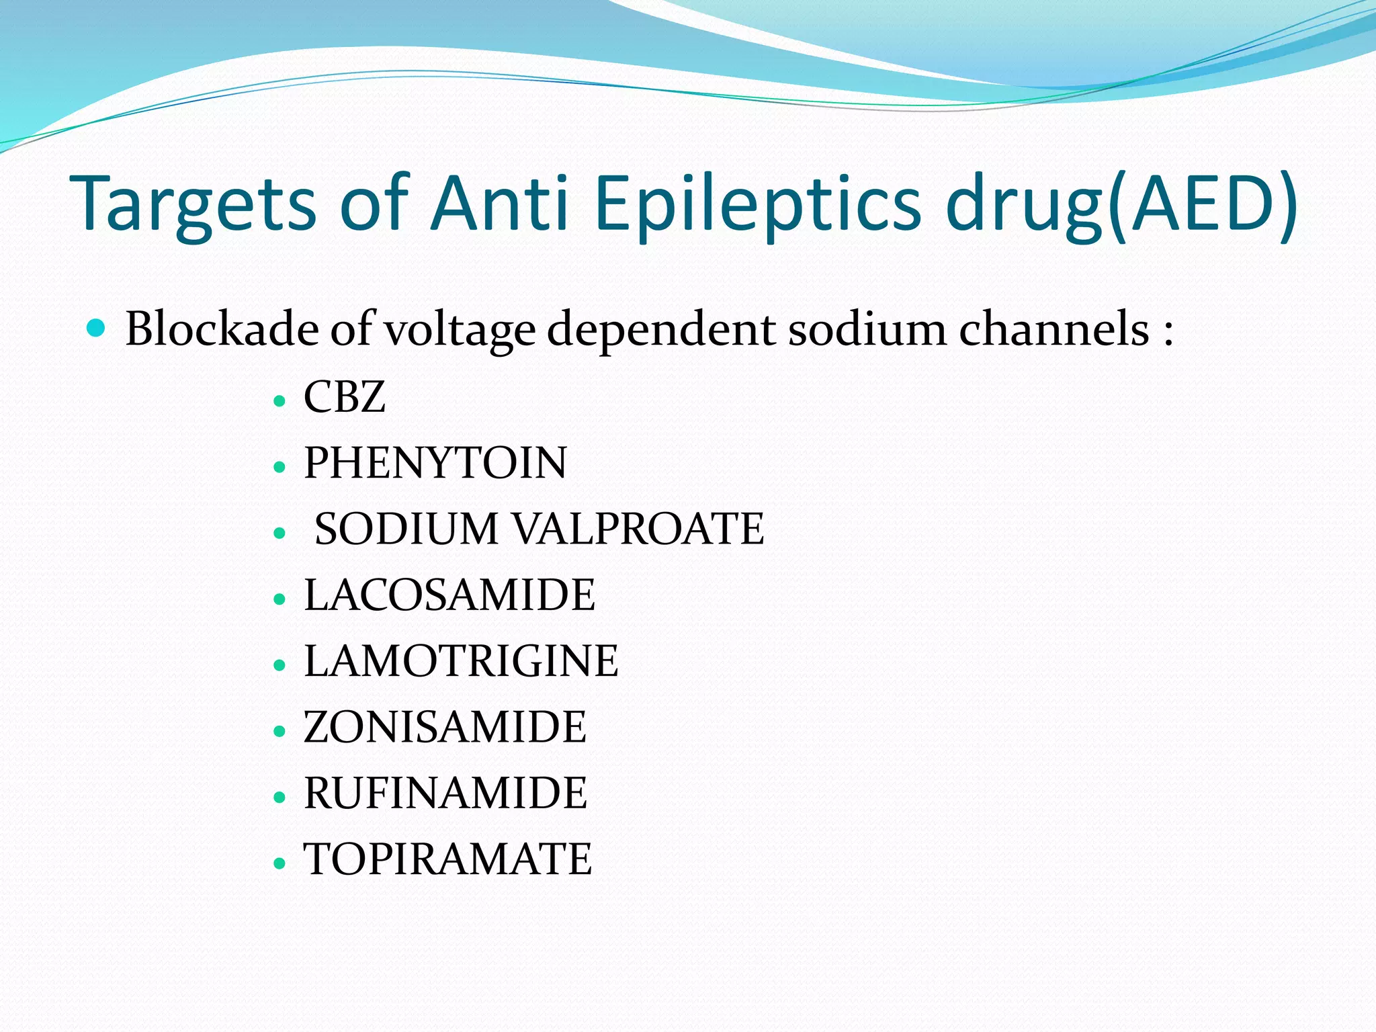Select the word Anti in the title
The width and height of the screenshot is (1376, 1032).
(x=501, y=203)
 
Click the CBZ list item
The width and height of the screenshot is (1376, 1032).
(x=344, y=396)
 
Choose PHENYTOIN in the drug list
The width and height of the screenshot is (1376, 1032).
(x=435, y=463)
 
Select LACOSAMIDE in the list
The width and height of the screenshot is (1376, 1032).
(x=449, y=595)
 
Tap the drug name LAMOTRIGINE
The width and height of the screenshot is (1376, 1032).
(x=461, y=661)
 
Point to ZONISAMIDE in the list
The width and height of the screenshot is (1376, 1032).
(x=445, y=727)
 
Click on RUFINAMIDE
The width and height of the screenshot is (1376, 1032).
(x=445, y=793)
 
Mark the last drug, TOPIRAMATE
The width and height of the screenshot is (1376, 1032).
(x=447, y=859)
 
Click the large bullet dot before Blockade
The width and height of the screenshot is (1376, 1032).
(x=97, y=328)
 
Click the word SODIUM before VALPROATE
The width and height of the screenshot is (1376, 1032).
(x=406, y=529)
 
